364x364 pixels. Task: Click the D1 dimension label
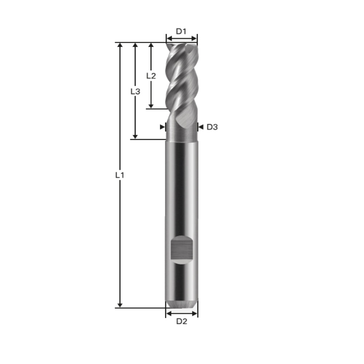[181, 31]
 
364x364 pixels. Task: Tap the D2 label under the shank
[182, 321]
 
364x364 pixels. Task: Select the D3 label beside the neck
[212, 127]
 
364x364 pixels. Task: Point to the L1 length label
[120, 175]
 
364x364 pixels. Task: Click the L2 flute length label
[151, 76]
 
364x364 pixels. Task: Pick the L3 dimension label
[135, 91]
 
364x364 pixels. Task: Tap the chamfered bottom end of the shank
[182, 303]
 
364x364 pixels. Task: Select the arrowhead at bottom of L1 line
[120, 305]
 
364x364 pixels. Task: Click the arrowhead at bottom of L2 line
[151, 106]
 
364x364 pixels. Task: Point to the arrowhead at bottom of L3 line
[135, 136]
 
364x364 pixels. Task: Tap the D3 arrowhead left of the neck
[162, 127]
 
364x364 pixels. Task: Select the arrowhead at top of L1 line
[120, 45]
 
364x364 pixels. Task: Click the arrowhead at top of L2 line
[151, 45]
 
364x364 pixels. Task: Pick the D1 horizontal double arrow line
[182, 38]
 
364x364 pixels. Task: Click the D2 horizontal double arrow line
[182, 313]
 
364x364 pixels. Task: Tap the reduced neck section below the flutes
[182, 133]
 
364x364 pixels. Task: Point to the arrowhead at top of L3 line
[135, 45]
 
